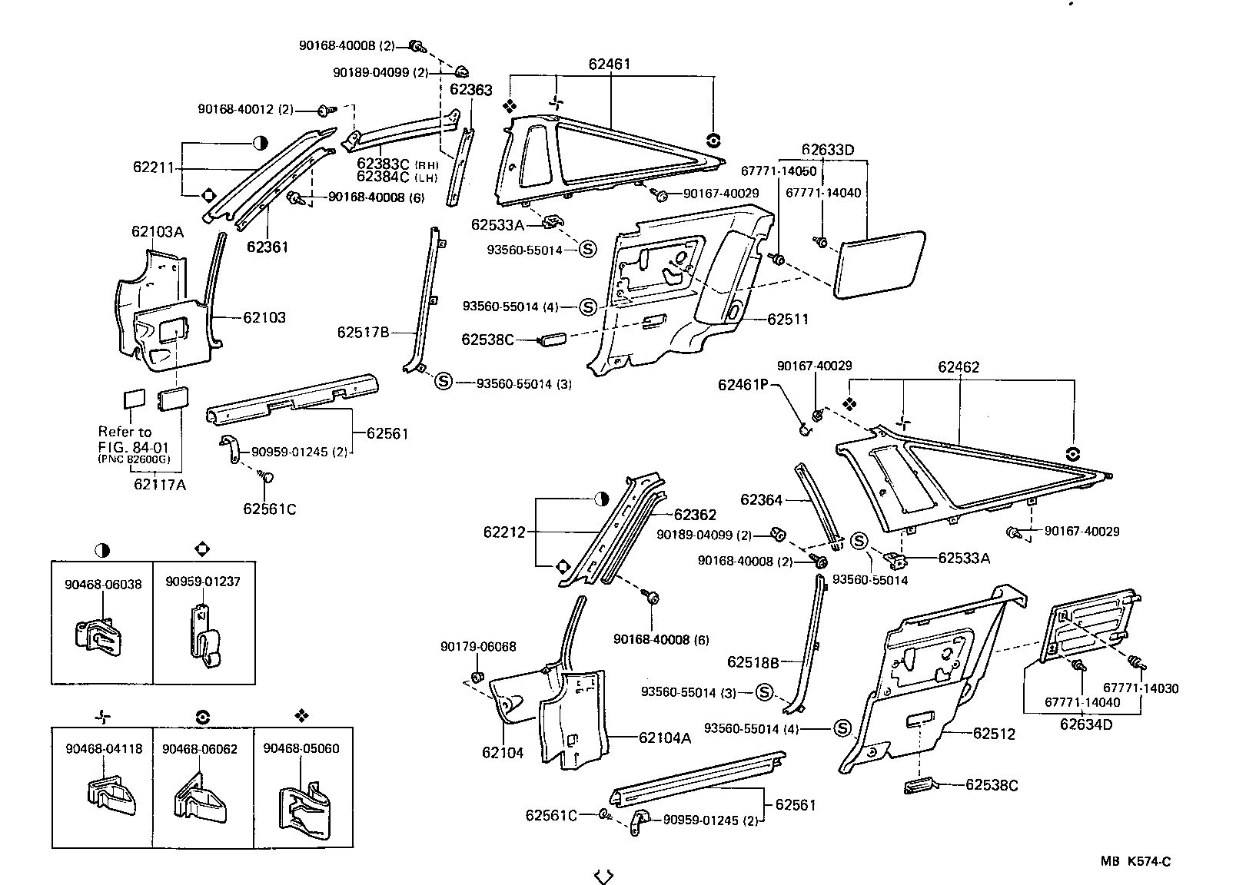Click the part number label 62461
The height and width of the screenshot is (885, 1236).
tap(610, 64)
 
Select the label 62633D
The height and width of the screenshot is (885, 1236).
tap(827, 149)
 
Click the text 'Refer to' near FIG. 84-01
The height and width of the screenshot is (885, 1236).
tap(125, 432)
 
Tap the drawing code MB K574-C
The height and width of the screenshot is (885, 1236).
tap(1135, 861)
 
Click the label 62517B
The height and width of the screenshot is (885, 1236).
tap(363, 332)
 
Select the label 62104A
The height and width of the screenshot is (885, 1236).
tap(665, 737)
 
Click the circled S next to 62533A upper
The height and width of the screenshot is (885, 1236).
tap(586, 250)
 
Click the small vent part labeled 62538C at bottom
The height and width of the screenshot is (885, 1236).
tap(919, 784)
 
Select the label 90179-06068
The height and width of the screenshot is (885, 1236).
tap(478, 647)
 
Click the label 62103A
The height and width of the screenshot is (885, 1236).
tap(158, 231)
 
